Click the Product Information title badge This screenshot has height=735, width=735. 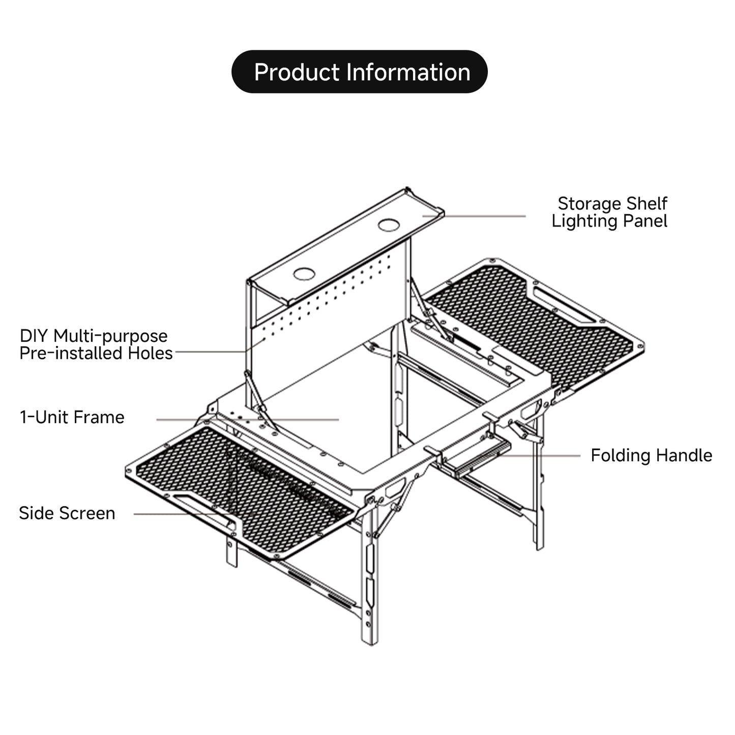pos(359,72)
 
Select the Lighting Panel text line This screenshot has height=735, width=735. pos(609,221)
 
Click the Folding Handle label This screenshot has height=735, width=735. pos(651,455)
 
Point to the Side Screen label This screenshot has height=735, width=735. pos(67,513)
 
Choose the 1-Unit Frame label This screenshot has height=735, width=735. pos(72,418)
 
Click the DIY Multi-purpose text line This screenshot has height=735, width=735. pos(94,336)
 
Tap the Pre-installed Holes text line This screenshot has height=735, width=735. pos(96,354)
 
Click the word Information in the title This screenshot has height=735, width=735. pos(408,72)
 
